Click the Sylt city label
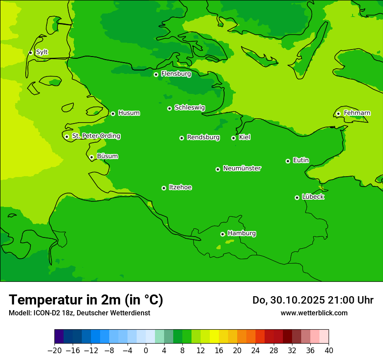coord(42,52)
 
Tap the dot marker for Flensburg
coord(156,74)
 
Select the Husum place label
coord(129,113)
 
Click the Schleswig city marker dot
coord(169,108)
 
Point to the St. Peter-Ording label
coord(96,136)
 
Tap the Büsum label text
coord(107,156)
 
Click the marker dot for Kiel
coord(233,138)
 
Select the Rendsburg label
coord(203,137)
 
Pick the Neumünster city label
coord(242,168)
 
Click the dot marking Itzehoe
coord(164,188)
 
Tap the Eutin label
coord(301,160)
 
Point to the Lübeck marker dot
coord(297,197)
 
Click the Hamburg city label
coord(242,233)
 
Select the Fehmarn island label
coord(357,113)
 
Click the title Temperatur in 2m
coord(86,300)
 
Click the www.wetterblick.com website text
coord(314,313)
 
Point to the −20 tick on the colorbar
coord(54,351)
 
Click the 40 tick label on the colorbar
coord(329,351)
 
